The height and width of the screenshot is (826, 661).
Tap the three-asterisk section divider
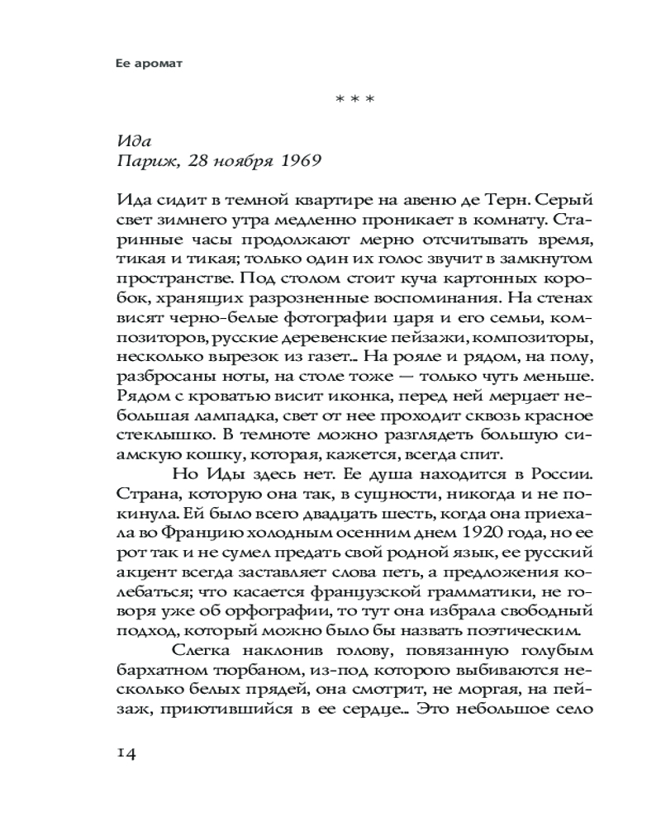click(355, 101)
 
